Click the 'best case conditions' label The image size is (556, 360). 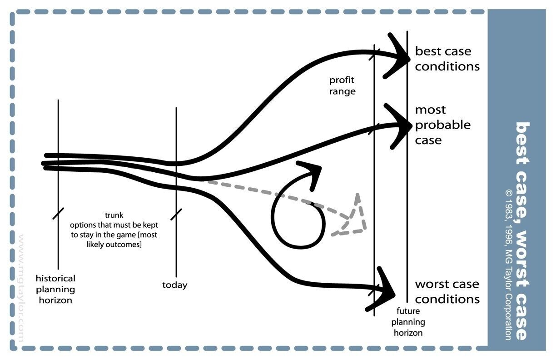(447, 59)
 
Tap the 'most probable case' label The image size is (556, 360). (442, 125)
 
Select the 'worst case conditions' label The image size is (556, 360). (447, 291)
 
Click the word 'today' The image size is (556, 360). (175, 285)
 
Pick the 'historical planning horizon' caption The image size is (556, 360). (56, 289)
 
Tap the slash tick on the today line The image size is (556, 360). (176, 214)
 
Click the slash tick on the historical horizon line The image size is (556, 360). (58, 213)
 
